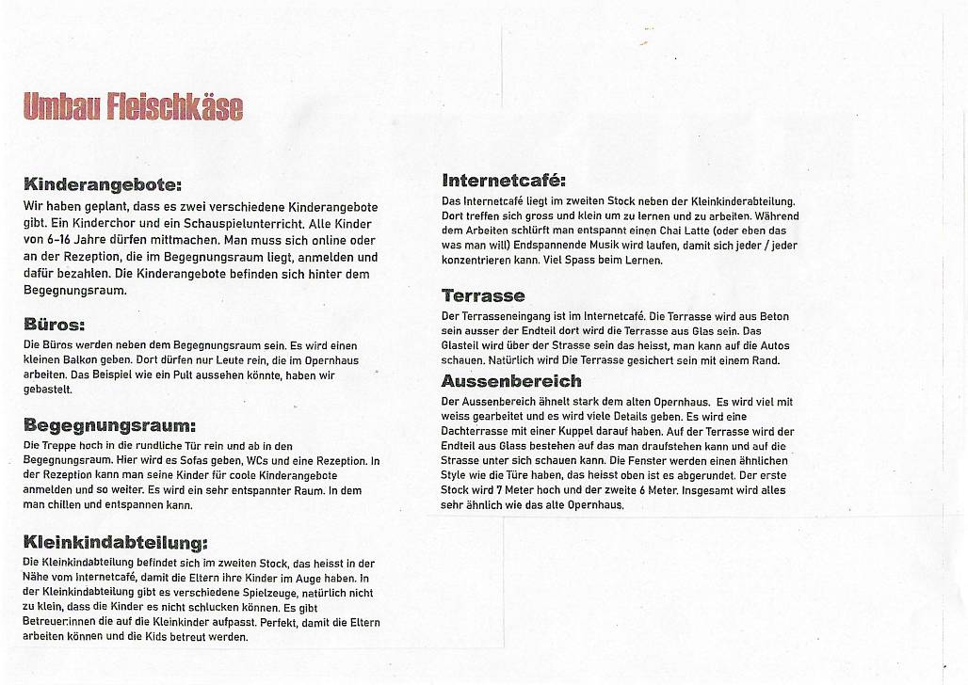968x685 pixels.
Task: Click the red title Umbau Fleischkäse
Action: (133, 107)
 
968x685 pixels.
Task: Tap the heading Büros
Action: (55, 326)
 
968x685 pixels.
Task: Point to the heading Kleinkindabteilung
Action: (114, 543)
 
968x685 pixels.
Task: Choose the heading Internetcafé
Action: (504, 180)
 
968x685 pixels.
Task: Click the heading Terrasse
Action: (483, 296)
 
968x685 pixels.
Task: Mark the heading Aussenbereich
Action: (511, 381)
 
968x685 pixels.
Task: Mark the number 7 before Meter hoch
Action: (500, 490)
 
